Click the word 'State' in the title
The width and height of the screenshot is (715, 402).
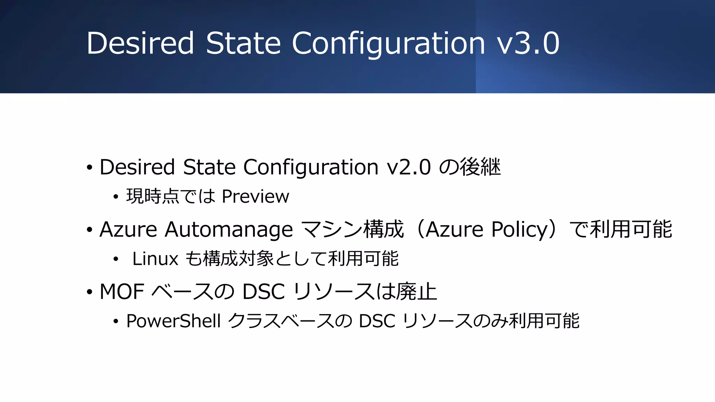point(243,43)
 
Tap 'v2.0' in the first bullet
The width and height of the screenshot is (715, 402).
point(409,167)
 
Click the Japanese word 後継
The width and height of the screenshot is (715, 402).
point(480,167)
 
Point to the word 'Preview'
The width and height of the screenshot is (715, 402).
point(255,196)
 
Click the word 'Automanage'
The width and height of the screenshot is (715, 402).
point(229,230)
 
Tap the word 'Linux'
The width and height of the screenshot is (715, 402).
point(155,259)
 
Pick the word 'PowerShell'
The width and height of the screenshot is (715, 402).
point(174,321)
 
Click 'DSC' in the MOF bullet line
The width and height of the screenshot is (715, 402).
point(264,292)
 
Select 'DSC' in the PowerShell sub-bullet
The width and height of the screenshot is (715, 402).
point(377,321)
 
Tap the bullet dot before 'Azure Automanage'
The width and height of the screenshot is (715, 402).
point(90,230)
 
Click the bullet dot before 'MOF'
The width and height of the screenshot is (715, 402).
point(90,292)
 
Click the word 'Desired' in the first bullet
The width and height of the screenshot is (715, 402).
point(137,167)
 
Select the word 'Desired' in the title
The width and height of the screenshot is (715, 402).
point(140,43)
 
